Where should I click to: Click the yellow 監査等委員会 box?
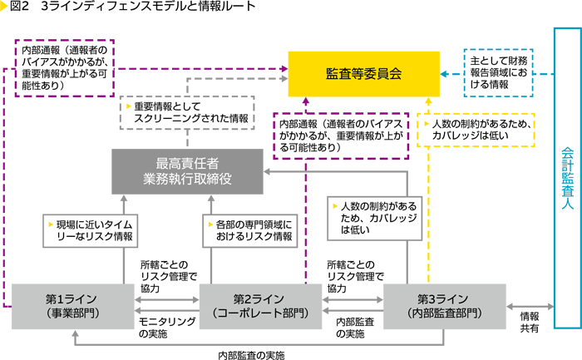pos(363,73)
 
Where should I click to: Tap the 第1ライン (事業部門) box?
pos(72,305)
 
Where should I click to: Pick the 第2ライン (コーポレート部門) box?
pos(260,305)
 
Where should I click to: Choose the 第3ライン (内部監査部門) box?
pos(445,305)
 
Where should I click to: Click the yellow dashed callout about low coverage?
pos(475,130)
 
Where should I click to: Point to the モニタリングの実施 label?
pos(166,327)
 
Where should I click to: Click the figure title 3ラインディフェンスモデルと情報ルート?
pos(144,7)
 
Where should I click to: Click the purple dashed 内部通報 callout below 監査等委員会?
pos(341,135)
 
